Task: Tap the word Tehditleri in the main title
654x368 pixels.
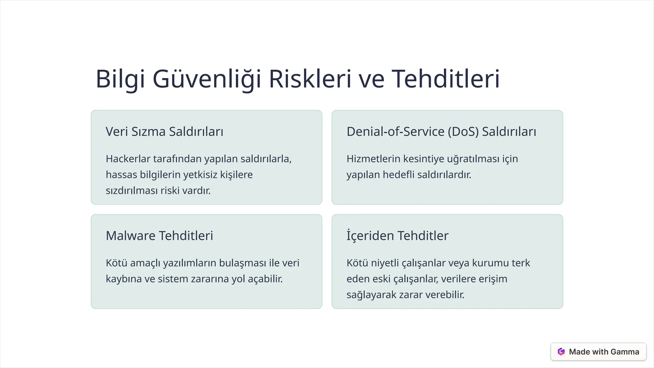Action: point(445,79)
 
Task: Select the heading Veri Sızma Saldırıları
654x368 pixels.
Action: point(164,132)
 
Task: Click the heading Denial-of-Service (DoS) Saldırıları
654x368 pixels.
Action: point(441,132)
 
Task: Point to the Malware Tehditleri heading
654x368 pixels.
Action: point(159,236)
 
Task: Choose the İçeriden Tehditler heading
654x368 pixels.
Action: point(397,236)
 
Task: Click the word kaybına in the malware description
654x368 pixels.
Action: point(124,279)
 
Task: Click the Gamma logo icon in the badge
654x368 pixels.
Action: point(561,352)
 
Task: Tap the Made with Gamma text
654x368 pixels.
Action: point(604,352)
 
